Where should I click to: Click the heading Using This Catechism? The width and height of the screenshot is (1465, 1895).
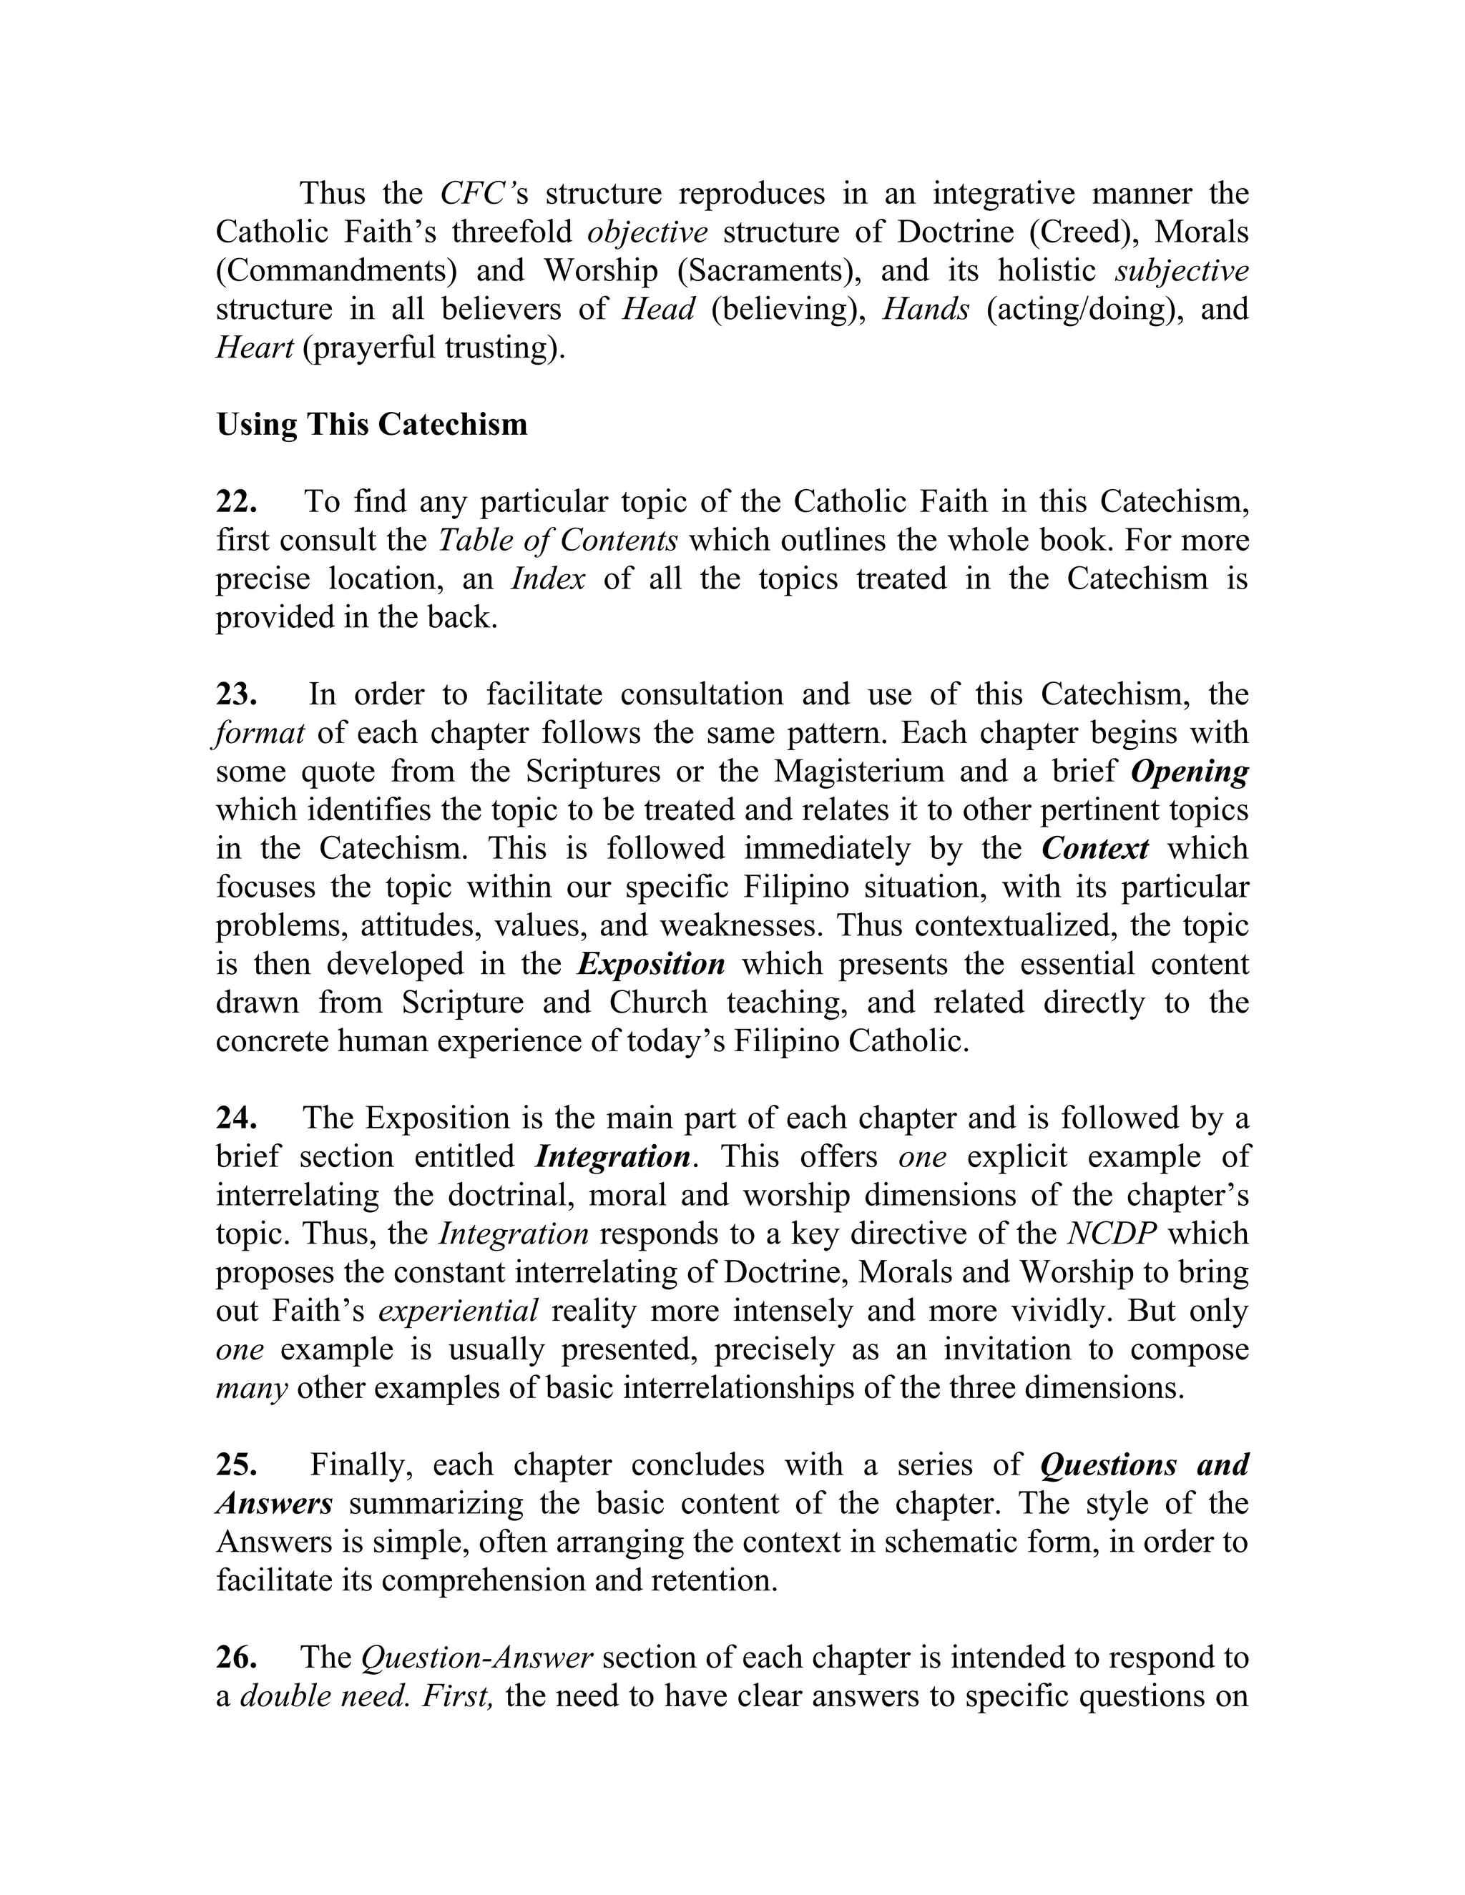point(371,424)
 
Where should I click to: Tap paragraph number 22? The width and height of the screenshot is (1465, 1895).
point(236,501)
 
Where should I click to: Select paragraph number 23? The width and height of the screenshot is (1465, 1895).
point(236,694)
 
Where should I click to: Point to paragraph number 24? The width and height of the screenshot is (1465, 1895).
point(236,1118)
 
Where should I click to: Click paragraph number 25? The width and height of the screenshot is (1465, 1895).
point(236,1465)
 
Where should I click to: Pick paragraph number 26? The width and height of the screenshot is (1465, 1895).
point(236,1658)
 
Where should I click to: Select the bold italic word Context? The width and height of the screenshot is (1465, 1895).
point(1095,847)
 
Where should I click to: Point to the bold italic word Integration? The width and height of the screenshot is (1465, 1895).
point(613,1156)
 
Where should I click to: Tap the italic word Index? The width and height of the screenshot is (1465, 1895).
point(548,579)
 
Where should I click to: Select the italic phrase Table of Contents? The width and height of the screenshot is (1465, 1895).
point(558,541)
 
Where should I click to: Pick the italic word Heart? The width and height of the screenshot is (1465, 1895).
point(254,347)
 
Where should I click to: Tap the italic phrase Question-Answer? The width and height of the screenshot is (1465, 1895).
point(476,1658)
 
